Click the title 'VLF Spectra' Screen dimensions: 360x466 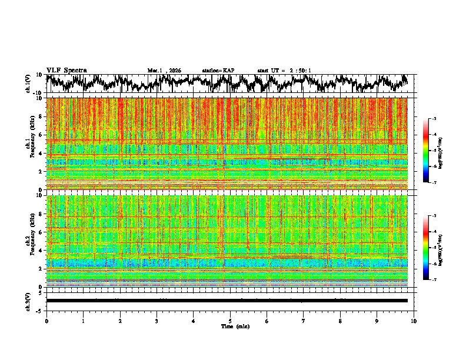coord(66,70)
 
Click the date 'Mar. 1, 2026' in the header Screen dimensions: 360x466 coord(164,71)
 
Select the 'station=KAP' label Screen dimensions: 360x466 coord(218,71)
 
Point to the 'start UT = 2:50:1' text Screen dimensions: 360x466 coord(284,71)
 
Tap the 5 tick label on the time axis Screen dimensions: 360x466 coord(230,321)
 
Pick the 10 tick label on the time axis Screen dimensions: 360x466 coord(414,321)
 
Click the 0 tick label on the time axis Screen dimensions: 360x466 coord(46,321)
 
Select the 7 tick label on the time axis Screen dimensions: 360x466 coord(304,321)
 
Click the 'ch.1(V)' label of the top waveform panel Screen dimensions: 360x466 coord(28,83)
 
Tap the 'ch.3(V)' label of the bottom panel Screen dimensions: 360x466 coord(28,300)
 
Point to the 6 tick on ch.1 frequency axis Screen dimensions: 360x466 coord(41,135)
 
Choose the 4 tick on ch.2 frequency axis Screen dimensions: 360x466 coord(41,250)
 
